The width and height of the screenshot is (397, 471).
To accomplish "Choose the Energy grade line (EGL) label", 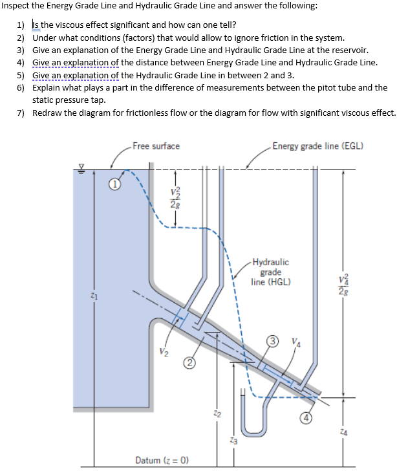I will coord(317,146).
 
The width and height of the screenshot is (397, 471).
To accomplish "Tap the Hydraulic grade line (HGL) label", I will coord(271,272).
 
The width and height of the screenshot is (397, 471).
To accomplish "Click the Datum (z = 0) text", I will coord(161,460).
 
